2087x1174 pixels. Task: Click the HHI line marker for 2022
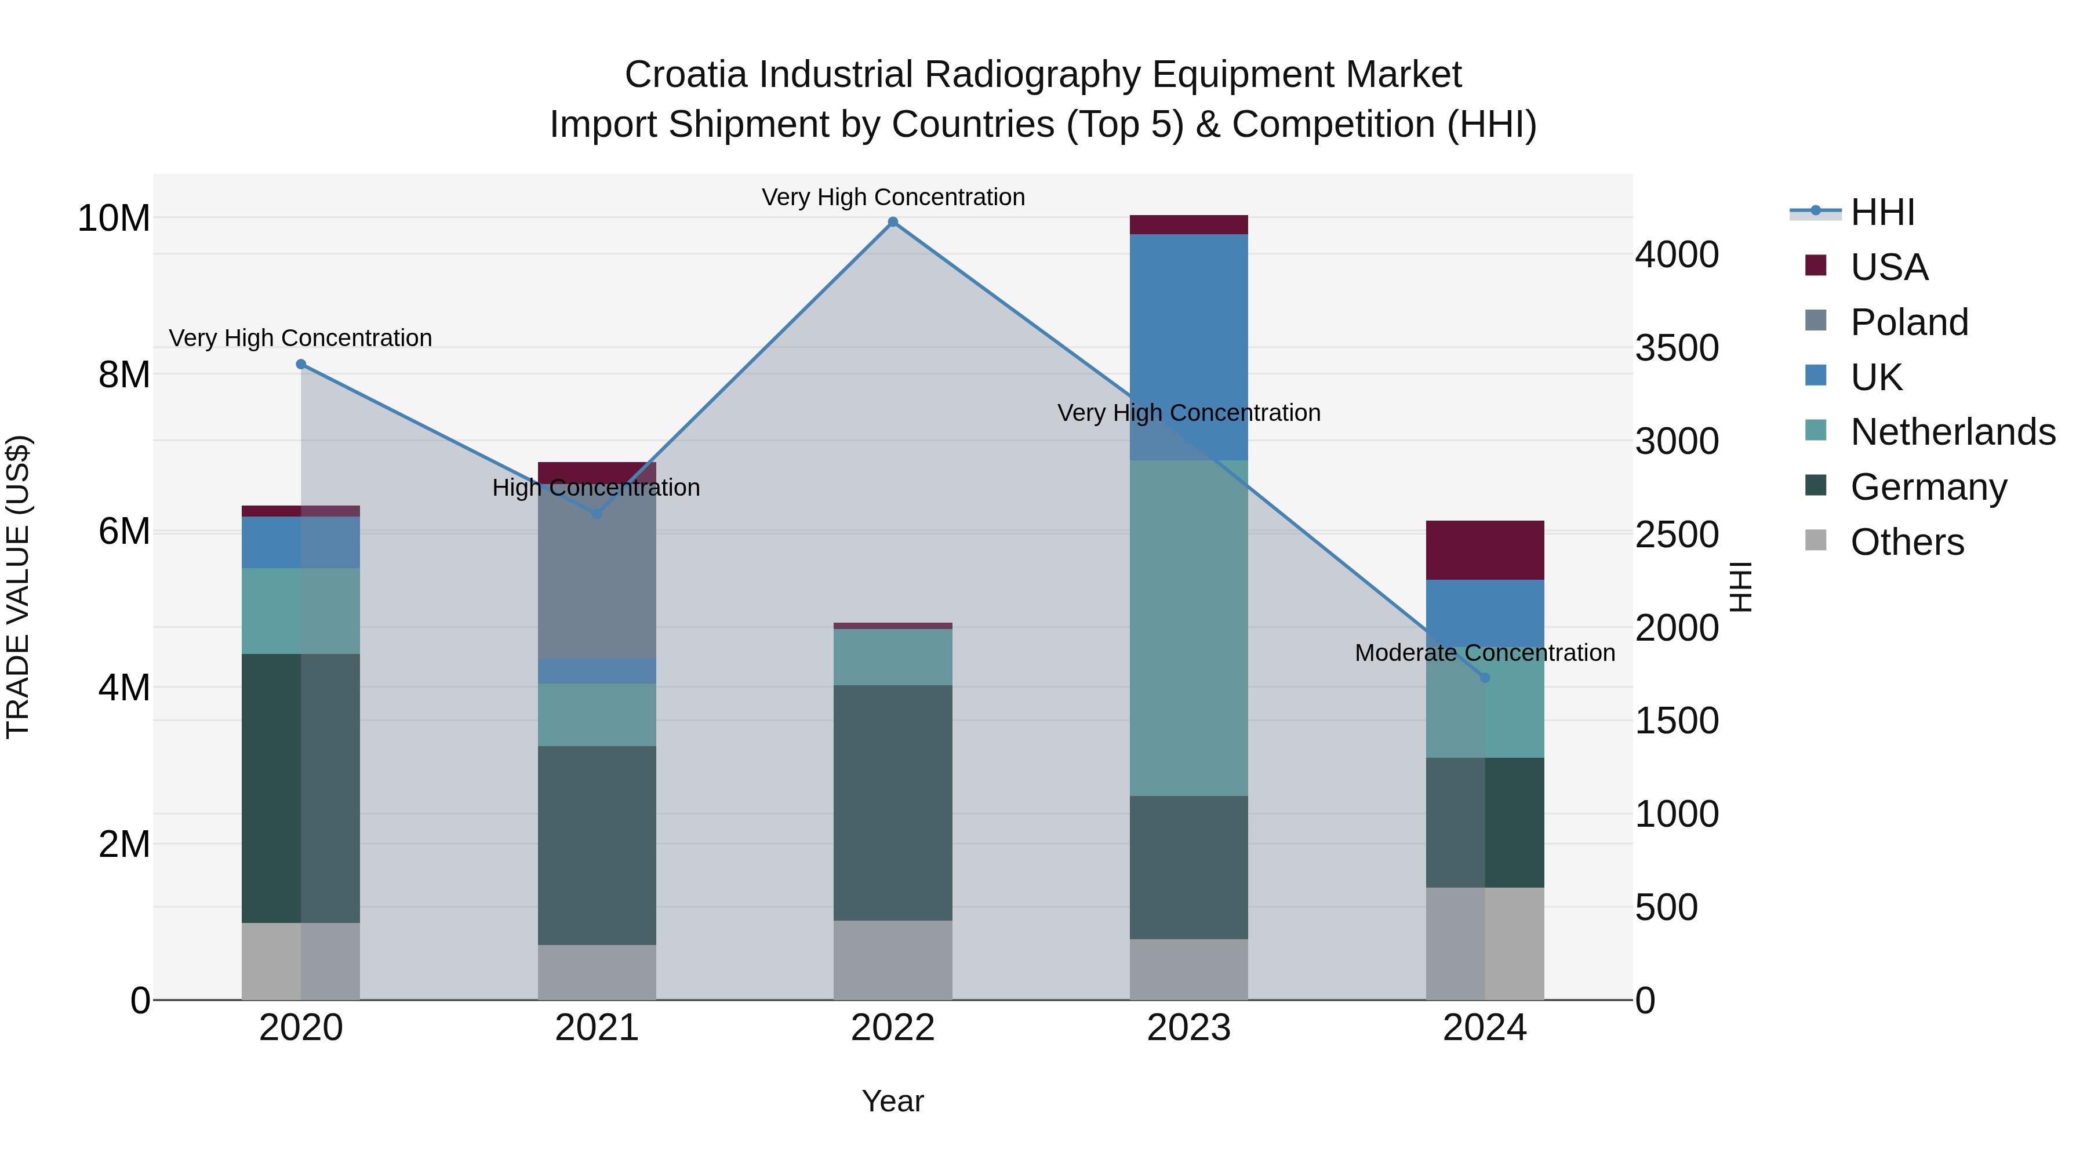893,222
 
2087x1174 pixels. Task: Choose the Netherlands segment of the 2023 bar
1188,628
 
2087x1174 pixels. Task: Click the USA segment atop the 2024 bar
1485,550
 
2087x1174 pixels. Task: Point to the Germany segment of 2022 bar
893,802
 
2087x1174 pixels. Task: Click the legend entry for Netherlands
1953,432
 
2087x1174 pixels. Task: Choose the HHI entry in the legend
1882,212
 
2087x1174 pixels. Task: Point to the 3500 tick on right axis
1676,348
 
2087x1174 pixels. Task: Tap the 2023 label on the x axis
1188,1028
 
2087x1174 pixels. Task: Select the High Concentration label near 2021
597,488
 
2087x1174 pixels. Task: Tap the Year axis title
893,1101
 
